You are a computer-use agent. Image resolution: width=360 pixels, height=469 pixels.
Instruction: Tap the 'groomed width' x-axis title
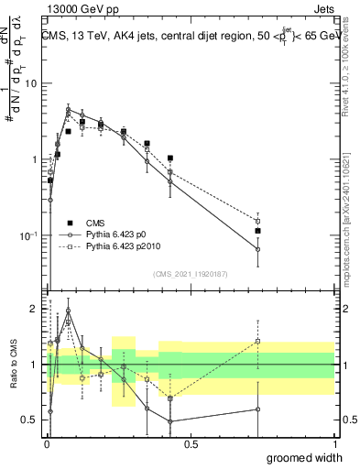tap(305, 457)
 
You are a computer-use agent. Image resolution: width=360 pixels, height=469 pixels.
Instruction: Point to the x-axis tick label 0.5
tap(191, 445)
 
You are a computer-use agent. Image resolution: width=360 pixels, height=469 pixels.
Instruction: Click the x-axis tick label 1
tap(334, 445)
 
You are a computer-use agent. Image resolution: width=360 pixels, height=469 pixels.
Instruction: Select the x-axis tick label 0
tap(47, 445)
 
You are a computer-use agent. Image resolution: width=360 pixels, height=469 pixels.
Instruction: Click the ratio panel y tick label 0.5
tap(30, 420)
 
